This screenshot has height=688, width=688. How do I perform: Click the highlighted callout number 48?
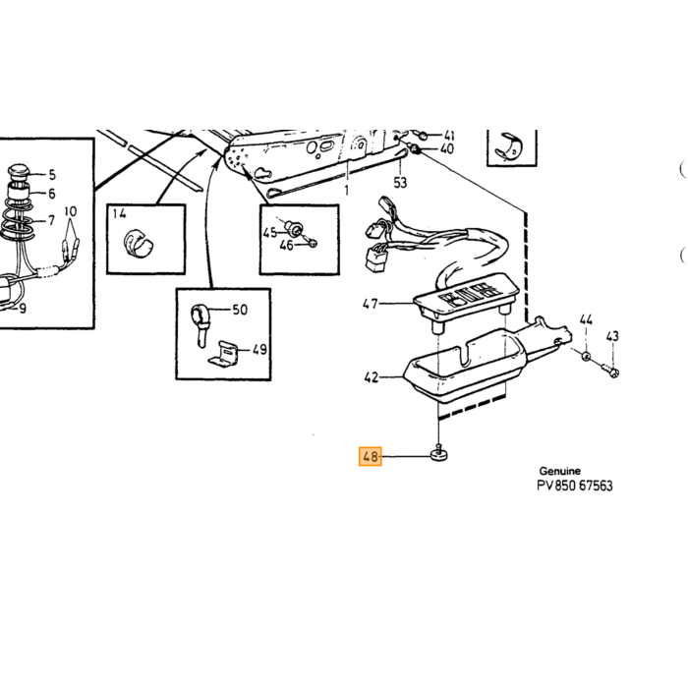click(x=371, y=456)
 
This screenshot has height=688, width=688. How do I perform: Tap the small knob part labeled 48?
click(x=438, y=454)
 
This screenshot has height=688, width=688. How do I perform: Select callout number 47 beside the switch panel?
click(x=371, y=304)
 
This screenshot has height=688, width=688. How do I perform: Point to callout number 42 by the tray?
click(x=372, y=377)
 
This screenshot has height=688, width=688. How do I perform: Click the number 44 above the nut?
click(x=586, y=319)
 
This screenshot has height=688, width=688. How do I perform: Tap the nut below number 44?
click(x=586, y=356)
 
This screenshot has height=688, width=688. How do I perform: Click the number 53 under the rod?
click(x=400, y=183)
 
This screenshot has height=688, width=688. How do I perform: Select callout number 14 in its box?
click(x=119, y=213)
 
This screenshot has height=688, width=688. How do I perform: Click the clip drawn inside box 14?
click(x=139, y=244)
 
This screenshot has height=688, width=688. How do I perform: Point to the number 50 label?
click(x=240, y=310)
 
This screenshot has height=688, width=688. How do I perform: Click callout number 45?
click(x=270, y=233)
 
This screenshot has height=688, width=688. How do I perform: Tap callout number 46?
click(x=287, y=246)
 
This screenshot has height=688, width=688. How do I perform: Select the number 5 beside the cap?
click(x=52, y=175)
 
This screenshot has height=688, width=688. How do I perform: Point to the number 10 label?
click(x=70, y=211)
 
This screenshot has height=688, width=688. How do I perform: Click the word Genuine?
click(x=560, y=471)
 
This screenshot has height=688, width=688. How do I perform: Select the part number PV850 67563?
click(x=575, y=486)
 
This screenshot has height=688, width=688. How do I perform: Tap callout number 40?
click(x=446, y=148)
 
